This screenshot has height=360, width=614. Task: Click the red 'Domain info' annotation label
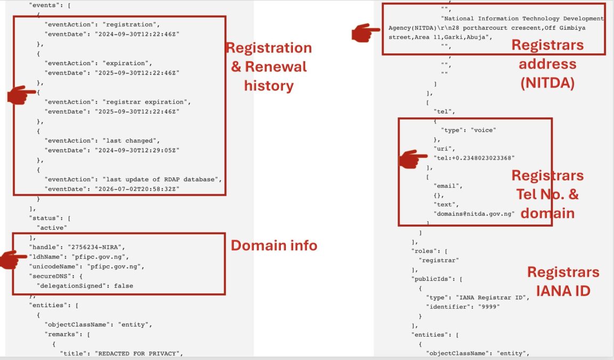point(274,246)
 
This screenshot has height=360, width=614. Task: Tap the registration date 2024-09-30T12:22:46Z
point(137,34)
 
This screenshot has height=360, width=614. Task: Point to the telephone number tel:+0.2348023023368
point(474,158)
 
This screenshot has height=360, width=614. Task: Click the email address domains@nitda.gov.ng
point(474,214)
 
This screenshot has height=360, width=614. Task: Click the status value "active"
point(52,228)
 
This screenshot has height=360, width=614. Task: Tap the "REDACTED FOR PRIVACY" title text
point(139,354)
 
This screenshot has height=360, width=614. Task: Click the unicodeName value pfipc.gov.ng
point(116,266)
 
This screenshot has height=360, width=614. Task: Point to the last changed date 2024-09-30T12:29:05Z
point(137,150)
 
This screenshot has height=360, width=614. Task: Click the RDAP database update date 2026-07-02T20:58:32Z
point(137,189)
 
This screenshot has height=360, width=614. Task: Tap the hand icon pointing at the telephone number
point(413,158)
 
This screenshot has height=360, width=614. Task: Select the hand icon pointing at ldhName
point(14,259)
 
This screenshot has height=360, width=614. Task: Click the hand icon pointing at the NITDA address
point(365,33)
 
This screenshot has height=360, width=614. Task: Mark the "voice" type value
point(483,130)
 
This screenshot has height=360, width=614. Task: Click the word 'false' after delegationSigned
point(124,286)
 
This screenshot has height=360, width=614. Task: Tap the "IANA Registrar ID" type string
point(492,298)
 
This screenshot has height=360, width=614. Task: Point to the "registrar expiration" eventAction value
point(147,102)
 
